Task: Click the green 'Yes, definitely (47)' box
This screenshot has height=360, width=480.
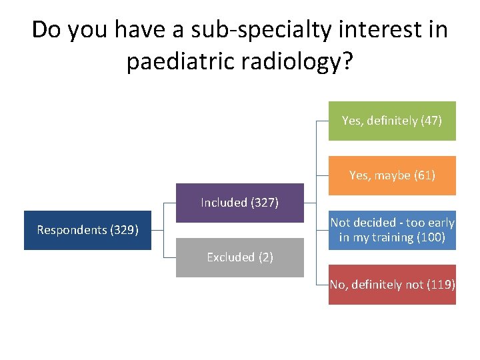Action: coord(392,121)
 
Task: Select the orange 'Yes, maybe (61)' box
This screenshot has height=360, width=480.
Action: coord(392,175)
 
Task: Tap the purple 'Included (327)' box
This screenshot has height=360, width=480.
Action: coord(239,203)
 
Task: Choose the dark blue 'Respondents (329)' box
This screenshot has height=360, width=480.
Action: coord(87,230)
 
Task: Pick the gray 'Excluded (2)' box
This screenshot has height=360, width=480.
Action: coord(239,257)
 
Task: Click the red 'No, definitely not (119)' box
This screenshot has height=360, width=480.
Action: coord(392,285)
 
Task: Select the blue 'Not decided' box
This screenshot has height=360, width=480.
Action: coord(392,230)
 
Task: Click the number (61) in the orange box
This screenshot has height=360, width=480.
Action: coord(425,175)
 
